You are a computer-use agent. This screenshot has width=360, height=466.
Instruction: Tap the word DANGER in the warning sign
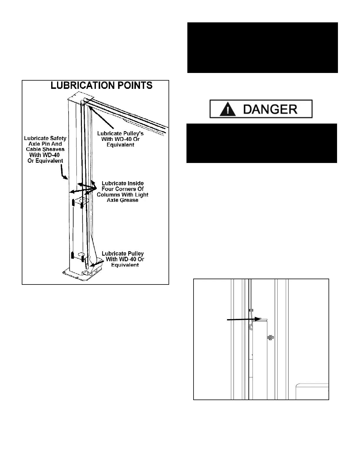pos(270,109)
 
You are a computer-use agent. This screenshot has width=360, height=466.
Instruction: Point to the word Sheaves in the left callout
pos(53,149)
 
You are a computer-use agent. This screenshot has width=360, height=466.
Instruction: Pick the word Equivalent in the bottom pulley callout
pos(125,265)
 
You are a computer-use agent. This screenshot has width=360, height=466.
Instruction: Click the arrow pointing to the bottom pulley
pos(96,264)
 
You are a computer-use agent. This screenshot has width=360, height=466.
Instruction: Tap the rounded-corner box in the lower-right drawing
pos(312,391)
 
